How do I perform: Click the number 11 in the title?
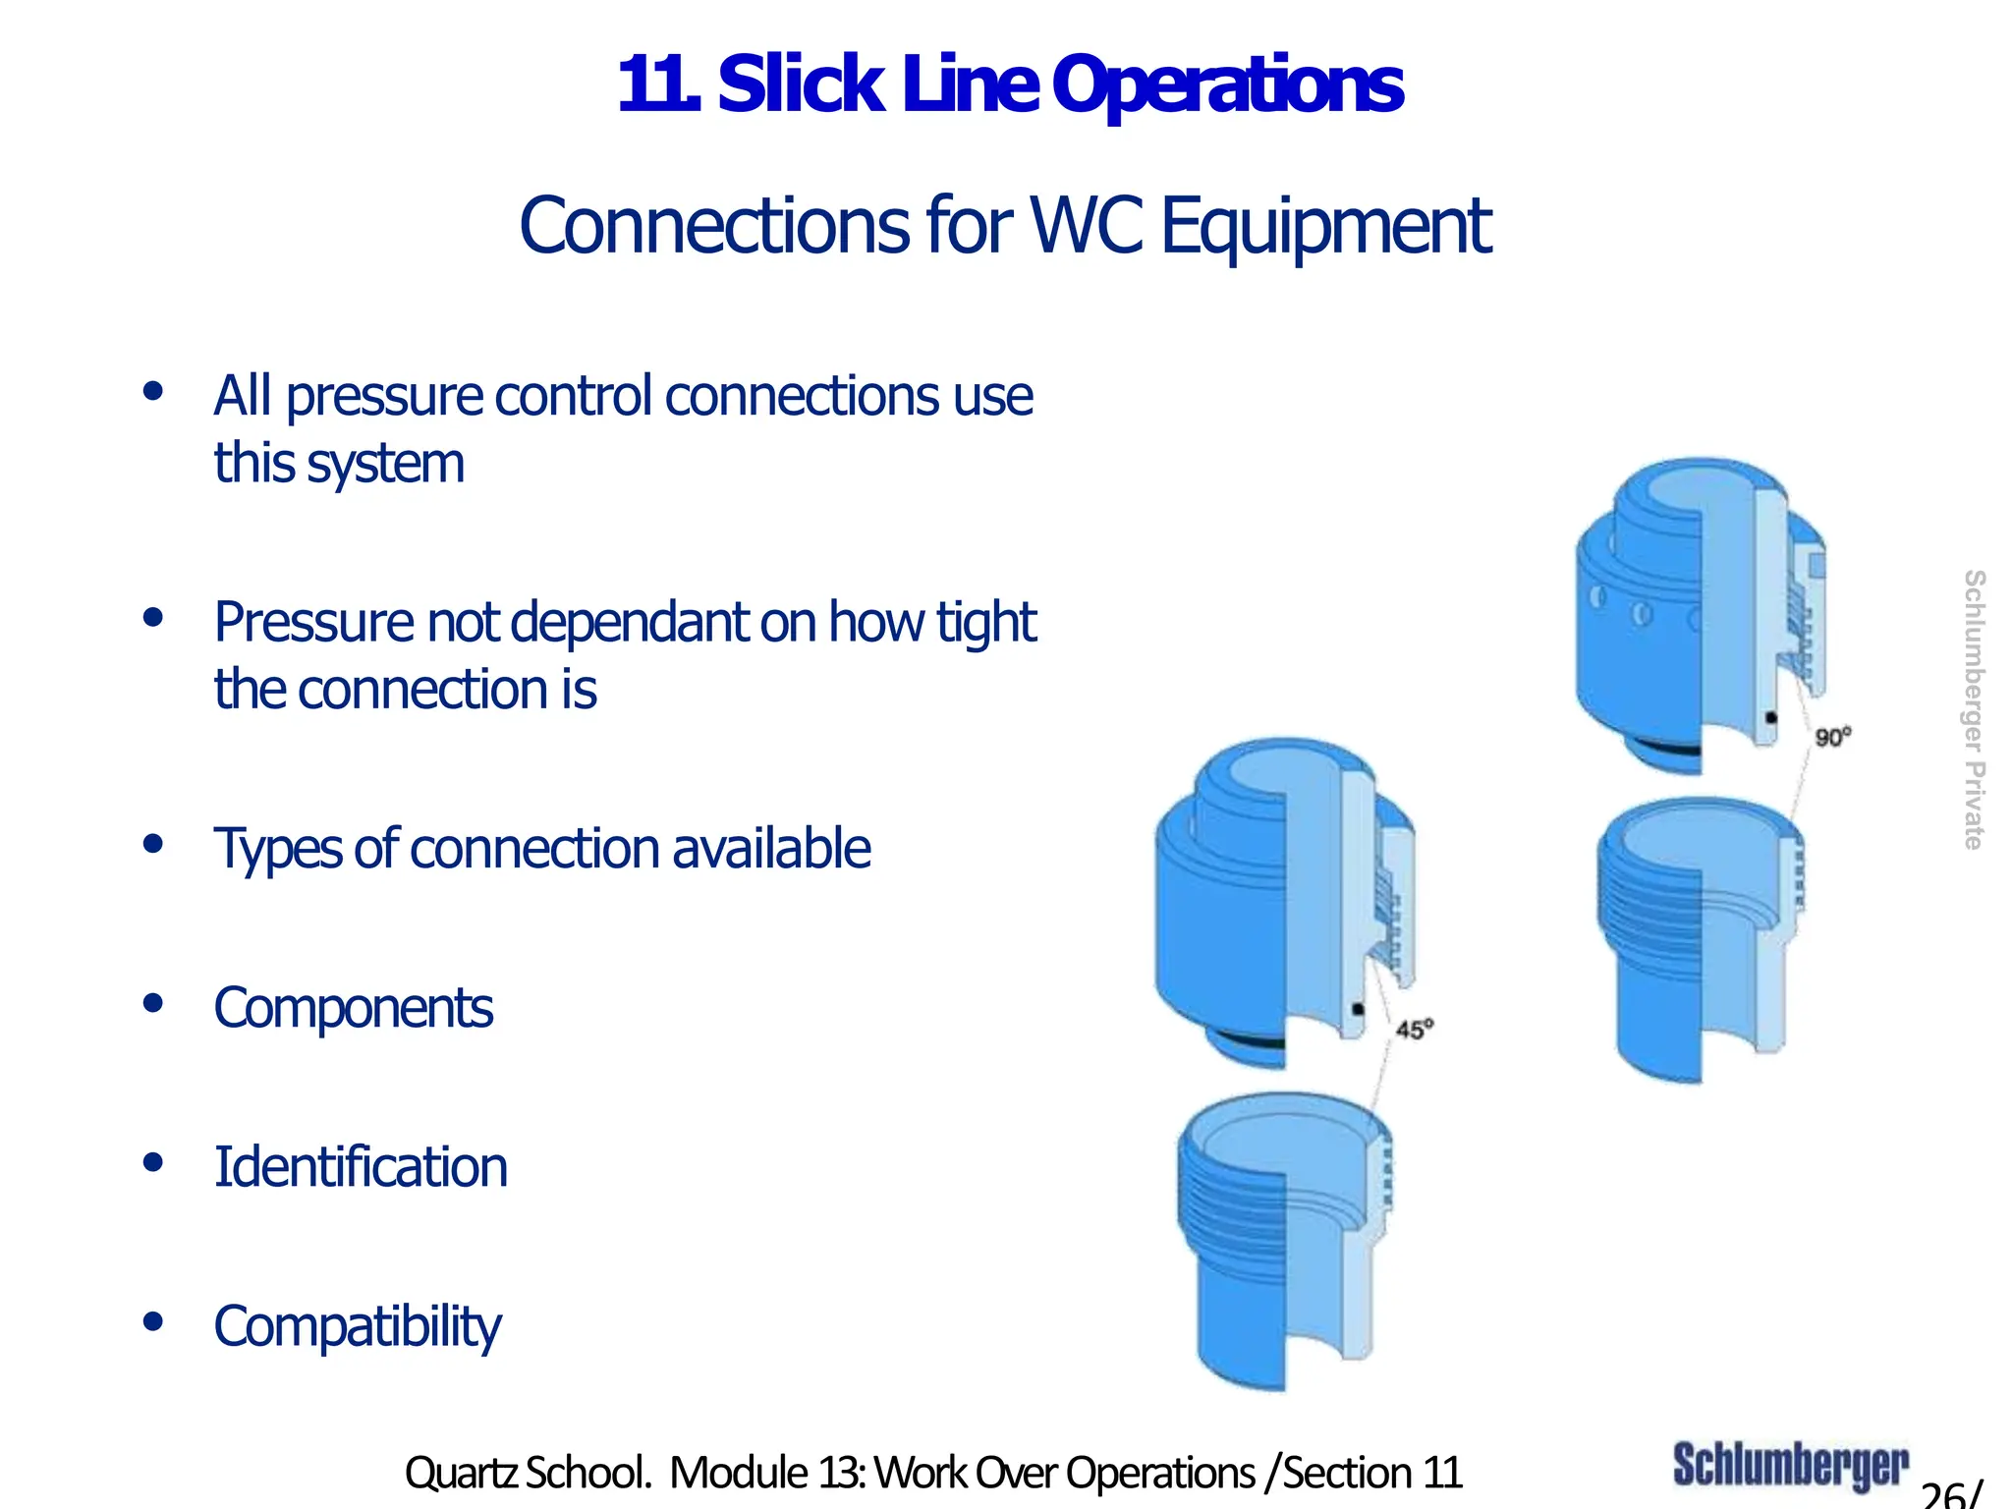(x=656, y=86)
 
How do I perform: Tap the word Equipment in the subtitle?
(x=1326, y=226)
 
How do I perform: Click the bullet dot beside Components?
(x=152, y=1003)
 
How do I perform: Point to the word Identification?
(x=361, y=1167)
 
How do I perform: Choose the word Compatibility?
(x=358, y=1326)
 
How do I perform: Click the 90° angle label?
(x=1832, y=737)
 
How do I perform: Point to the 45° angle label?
(x=1415, y=1029)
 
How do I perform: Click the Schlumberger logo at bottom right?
(x=1790, y=1465)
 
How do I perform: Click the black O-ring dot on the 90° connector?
(x=1771, y=718)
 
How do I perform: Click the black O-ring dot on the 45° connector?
(x=1358, y=1009)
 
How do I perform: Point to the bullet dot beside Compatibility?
(x=152, y=1321)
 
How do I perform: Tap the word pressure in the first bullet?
(x=383, y=397)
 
